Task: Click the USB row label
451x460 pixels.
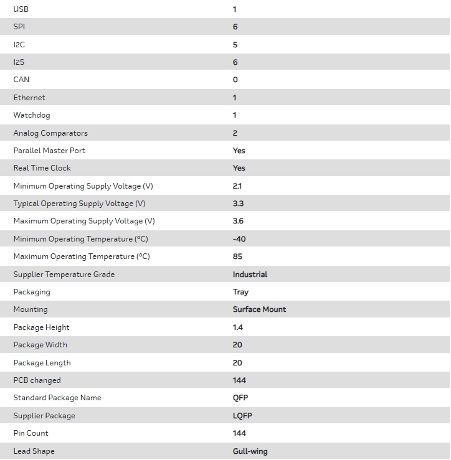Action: tap(21, 9)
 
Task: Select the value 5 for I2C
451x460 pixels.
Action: tap(235, 45)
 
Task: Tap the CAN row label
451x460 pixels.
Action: tap(21, 80)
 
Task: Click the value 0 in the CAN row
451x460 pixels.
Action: tap(235, 80)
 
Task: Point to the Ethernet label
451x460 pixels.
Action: tap(29, 98)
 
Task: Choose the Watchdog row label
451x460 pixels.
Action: tap(32, 115)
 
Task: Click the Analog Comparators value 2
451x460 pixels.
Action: tap(235, 133)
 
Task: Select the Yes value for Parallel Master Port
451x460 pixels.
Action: tap(239, 151)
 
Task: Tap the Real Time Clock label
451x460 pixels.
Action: tap(42, 168)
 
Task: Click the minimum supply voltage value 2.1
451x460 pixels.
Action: tap(237, 186)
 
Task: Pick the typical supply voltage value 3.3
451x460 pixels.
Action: tap(238, 204)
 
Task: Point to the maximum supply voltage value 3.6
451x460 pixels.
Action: tap(238, 221)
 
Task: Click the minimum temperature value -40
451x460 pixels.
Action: tap(239, 239)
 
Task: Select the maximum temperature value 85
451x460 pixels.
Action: tap(237, 256)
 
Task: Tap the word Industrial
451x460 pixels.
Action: tap(250, 275)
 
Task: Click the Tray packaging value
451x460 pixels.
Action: tap(240, 292)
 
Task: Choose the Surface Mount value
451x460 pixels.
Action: tap(259, 309)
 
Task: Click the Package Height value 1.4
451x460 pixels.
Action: tap(238, 327)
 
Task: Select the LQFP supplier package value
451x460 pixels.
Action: tap(242, 416)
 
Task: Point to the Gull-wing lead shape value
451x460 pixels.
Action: tap(250, 451)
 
